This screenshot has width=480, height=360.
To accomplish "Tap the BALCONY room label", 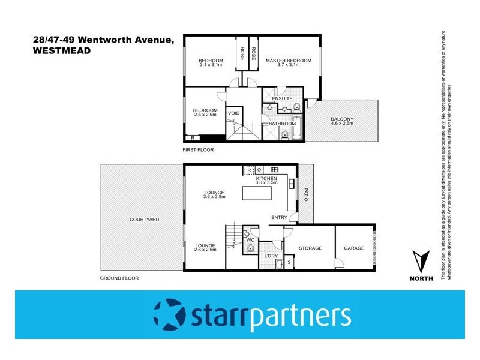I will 342,119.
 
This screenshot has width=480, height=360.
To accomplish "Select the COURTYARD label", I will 145,220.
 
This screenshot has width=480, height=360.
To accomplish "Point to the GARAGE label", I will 354,248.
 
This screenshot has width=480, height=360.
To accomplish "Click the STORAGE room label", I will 311,248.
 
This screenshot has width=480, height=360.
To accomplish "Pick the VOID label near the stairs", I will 234,112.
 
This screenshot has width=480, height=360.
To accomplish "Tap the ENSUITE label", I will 282,98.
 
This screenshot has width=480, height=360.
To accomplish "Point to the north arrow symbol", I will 422,262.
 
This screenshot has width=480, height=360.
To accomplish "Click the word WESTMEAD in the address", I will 62,52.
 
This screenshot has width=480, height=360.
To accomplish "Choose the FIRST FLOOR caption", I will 199,149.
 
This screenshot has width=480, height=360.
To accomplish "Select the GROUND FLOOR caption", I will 119,278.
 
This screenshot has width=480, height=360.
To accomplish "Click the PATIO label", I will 305,195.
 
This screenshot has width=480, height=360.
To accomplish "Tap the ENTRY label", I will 279,217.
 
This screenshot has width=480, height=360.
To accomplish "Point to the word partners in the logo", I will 300,316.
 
